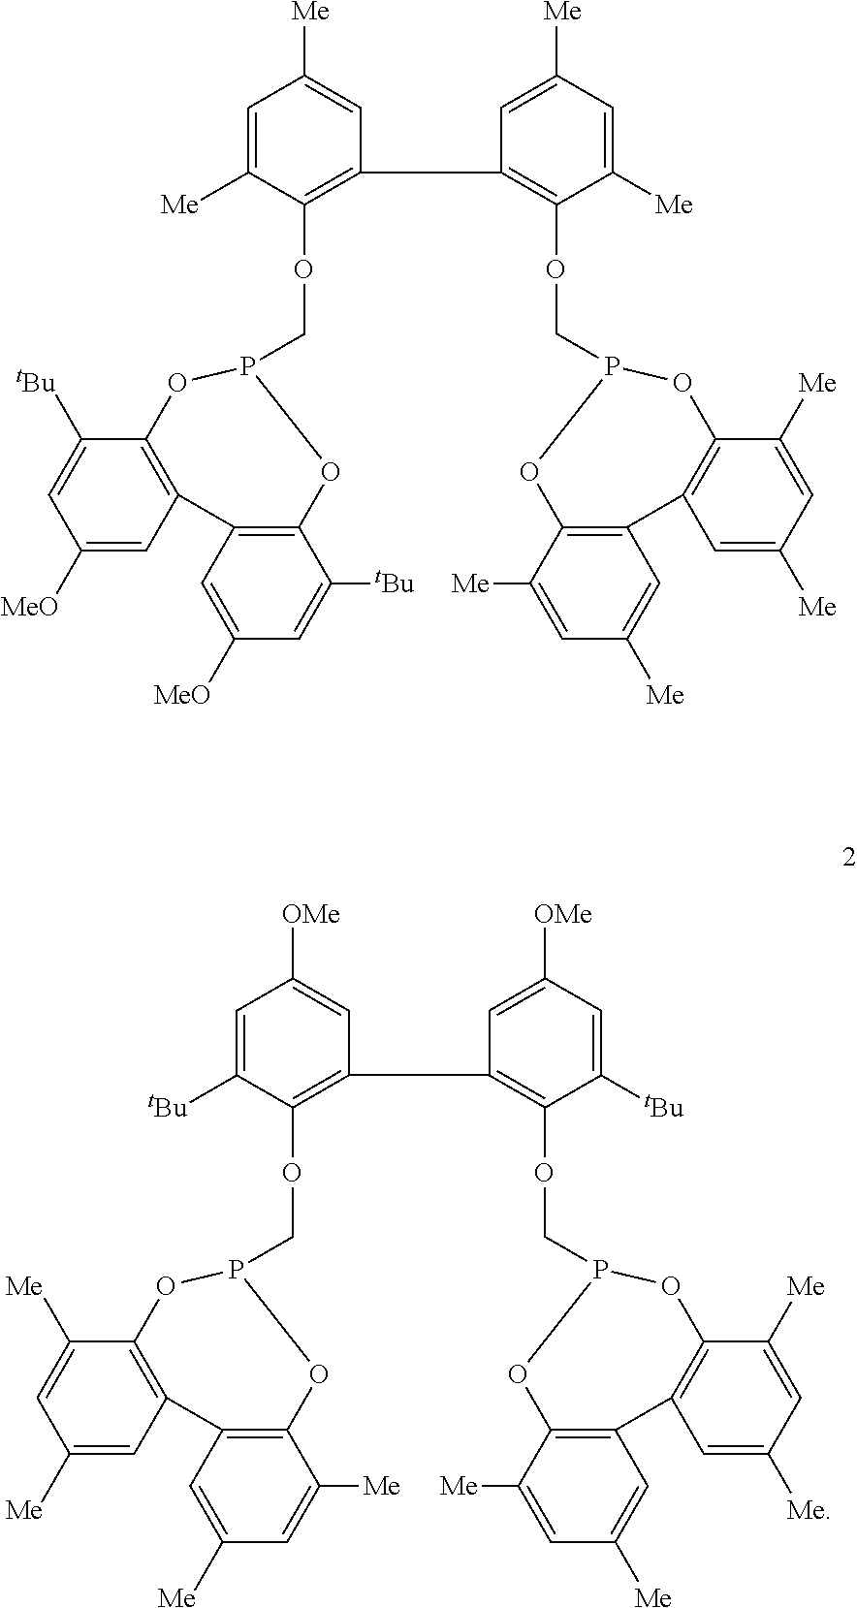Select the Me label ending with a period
(808, 1509)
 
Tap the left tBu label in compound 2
(167, 1106)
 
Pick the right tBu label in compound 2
(664, 1106)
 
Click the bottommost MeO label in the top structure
(181, 695)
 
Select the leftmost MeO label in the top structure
(29, 608)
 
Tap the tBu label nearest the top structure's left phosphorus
(36, 381)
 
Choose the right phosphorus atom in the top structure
(612, 366)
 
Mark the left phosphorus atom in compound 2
(236, 1269)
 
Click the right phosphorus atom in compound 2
(600, 1269)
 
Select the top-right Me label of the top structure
(562, 12)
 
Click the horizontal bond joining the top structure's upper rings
(431, 173)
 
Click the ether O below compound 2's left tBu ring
(292, 1173)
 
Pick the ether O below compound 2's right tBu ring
(544, 1173)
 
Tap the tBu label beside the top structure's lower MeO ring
(394, 582)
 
